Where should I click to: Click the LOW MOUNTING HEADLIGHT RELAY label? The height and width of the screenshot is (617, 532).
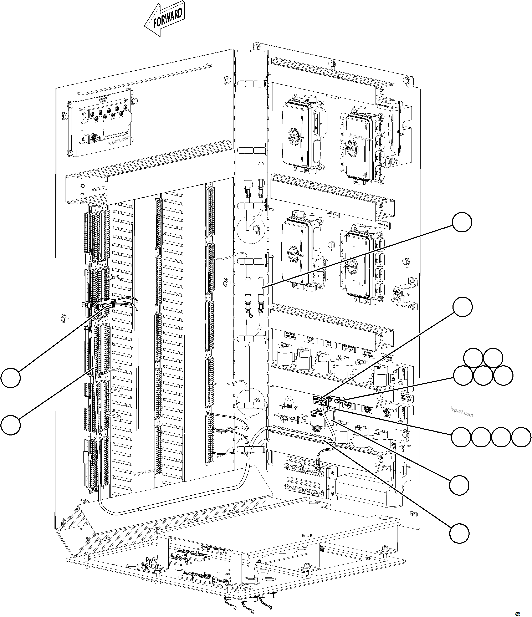387,412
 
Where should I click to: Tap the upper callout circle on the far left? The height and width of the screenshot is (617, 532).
11,378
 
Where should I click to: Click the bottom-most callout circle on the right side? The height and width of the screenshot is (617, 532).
459,534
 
